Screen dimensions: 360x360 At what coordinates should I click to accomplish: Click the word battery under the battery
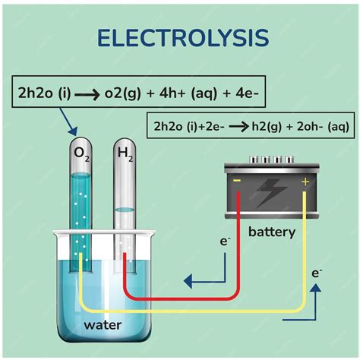271,232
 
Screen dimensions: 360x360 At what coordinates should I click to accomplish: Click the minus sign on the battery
237,182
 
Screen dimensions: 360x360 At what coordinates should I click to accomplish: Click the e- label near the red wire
225,241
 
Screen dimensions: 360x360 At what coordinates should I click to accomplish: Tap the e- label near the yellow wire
317,271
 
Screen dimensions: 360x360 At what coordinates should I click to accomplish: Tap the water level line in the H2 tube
124,209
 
